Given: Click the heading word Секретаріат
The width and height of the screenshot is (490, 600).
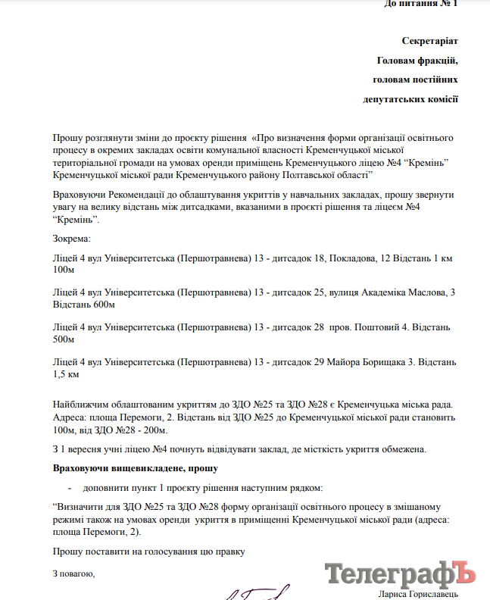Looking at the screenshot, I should (x=429, y=39).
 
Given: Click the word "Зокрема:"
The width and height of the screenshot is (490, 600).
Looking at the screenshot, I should (x=71, y=239).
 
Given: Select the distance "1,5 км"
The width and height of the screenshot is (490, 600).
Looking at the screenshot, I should (x=66, y=374).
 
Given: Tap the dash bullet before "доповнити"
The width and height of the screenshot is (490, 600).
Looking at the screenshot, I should (x=70, y=488).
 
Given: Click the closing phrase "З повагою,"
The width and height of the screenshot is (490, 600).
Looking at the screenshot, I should (x=73, y=573).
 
